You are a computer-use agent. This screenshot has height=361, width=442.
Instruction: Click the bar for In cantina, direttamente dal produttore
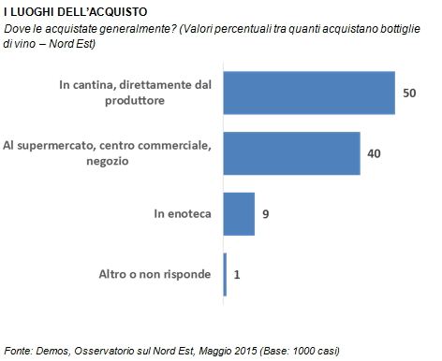(x=309, y=93)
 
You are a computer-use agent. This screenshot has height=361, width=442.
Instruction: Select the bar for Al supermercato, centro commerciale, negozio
(x=292, y=153)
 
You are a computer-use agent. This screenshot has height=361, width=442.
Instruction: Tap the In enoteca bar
(x=239, y=214)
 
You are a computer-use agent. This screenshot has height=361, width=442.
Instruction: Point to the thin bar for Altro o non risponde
(x=225, y=274)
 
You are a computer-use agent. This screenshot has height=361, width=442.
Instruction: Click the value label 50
(x=409, y=93)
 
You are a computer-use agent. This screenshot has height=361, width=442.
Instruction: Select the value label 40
(x=374, y=153)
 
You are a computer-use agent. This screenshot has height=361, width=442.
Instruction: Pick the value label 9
(x=266, y=214)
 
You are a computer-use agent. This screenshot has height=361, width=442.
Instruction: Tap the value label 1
(x=237, y=274)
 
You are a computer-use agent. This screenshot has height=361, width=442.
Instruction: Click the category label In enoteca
(x=183, y=214)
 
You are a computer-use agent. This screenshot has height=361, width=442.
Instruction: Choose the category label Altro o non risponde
(x=155, y=274)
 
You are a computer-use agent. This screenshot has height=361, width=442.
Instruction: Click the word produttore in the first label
(x=135, y=101)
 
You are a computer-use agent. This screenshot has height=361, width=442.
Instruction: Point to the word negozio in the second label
(x=108, y=161)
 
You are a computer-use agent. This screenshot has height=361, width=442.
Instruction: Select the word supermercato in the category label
(x=56, y=146)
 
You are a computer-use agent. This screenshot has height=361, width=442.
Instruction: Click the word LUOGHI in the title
(x=34, y=12)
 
